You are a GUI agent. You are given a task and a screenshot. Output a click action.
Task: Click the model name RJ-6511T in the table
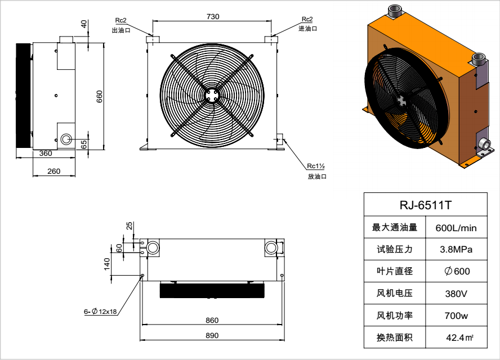(x=425, y=205)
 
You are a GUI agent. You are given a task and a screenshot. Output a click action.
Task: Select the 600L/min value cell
(x=456, y=228)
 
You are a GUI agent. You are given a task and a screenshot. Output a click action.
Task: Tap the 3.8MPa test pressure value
(x=456, y=249)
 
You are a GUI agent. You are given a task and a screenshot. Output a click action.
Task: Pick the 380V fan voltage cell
(x=456, y=293)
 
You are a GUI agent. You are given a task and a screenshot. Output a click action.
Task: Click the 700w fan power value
(x=456, y=316)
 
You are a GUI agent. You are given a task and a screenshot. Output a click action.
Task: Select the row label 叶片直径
(x=395, y=271)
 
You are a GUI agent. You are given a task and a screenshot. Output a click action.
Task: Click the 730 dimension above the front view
(x=213, y=17)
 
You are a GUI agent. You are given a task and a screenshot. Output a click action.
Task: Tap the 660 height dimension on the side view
(x=100, y=96)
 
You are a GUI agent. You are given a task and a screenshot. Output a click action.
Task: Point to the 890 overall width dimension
(x=212, y=335)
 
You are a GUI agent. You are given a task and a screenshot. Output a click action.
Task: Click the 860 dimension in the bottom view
(x=212, y=320)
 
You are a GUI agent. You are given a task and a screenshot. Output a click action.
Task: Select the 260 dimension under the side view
(x=53, y=170)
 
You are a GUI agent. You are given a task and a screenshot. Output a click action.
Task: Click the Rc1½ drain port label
(x=316, y=166)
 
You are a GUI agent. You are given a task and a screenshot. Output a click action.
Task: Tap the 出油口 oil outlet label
(x=122, y=30)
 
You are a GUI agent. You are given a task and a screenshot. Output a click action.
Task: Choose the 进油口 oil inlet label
(x=308, y=28)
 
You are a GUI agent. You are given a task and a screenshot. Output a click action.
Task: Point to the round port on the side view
(x=66, y=139)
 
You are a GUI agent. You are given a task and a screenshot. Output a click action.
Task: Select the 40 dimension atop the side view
(x=84, y=24)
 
